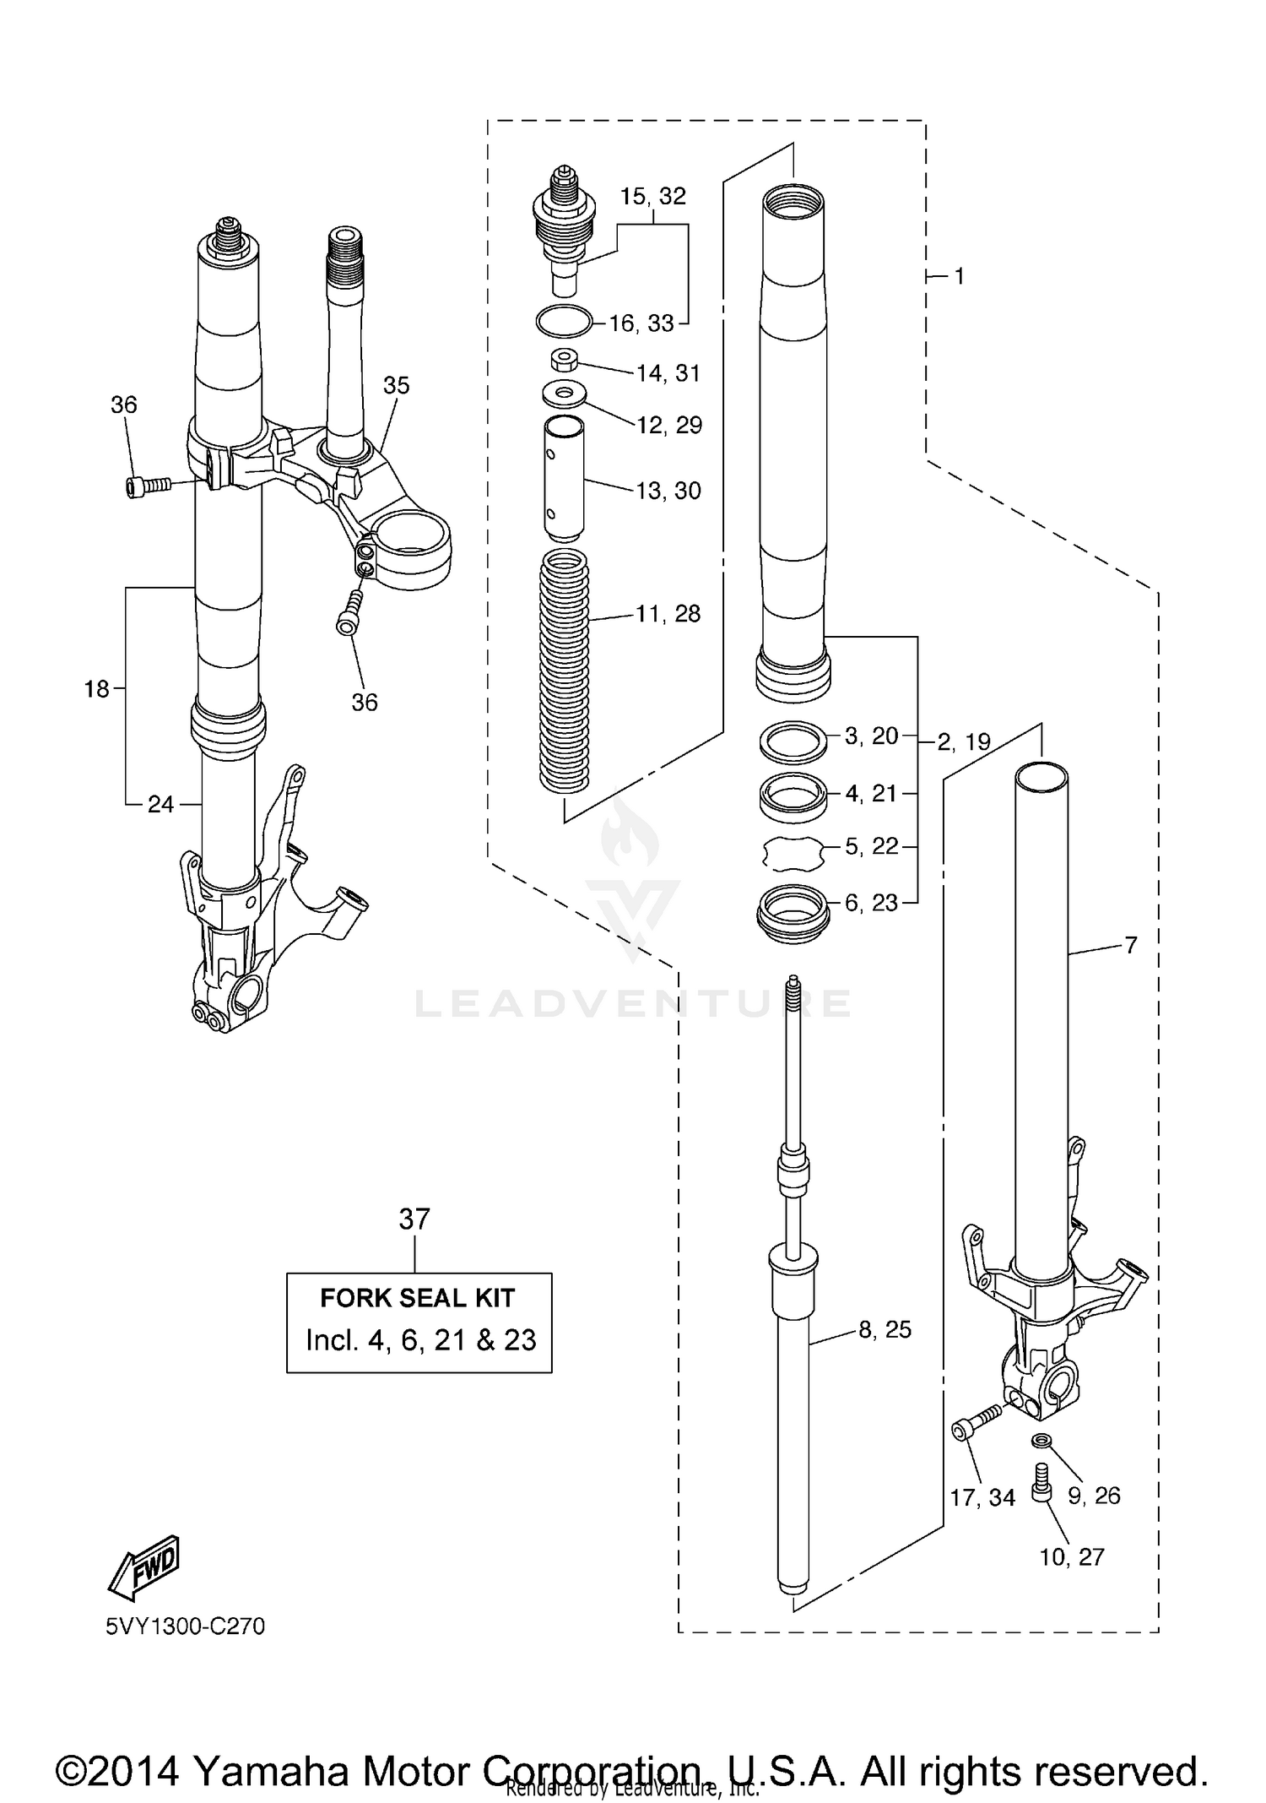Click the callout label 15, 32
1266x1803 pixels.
point(652,197)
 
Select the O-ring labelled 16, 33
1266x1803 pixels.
point(563,321)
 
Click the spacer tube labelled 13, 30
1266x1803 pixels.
point(563,477)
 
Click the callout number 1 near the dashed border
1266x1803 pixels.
point(959,276)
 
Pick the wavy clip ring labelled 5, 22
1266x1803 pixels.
point(793,854)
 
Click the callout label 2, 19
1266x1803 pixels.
point(964,742)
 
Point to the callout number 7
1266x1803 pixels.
point(1131,945)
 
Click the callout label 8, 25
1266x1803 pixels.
point(885,1330)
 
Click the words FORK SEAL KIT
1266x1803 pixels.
point(418,1298)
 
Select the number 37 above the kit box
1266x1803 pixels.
point(414,1219)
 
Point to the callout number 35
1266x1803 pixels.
point(396,385)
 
